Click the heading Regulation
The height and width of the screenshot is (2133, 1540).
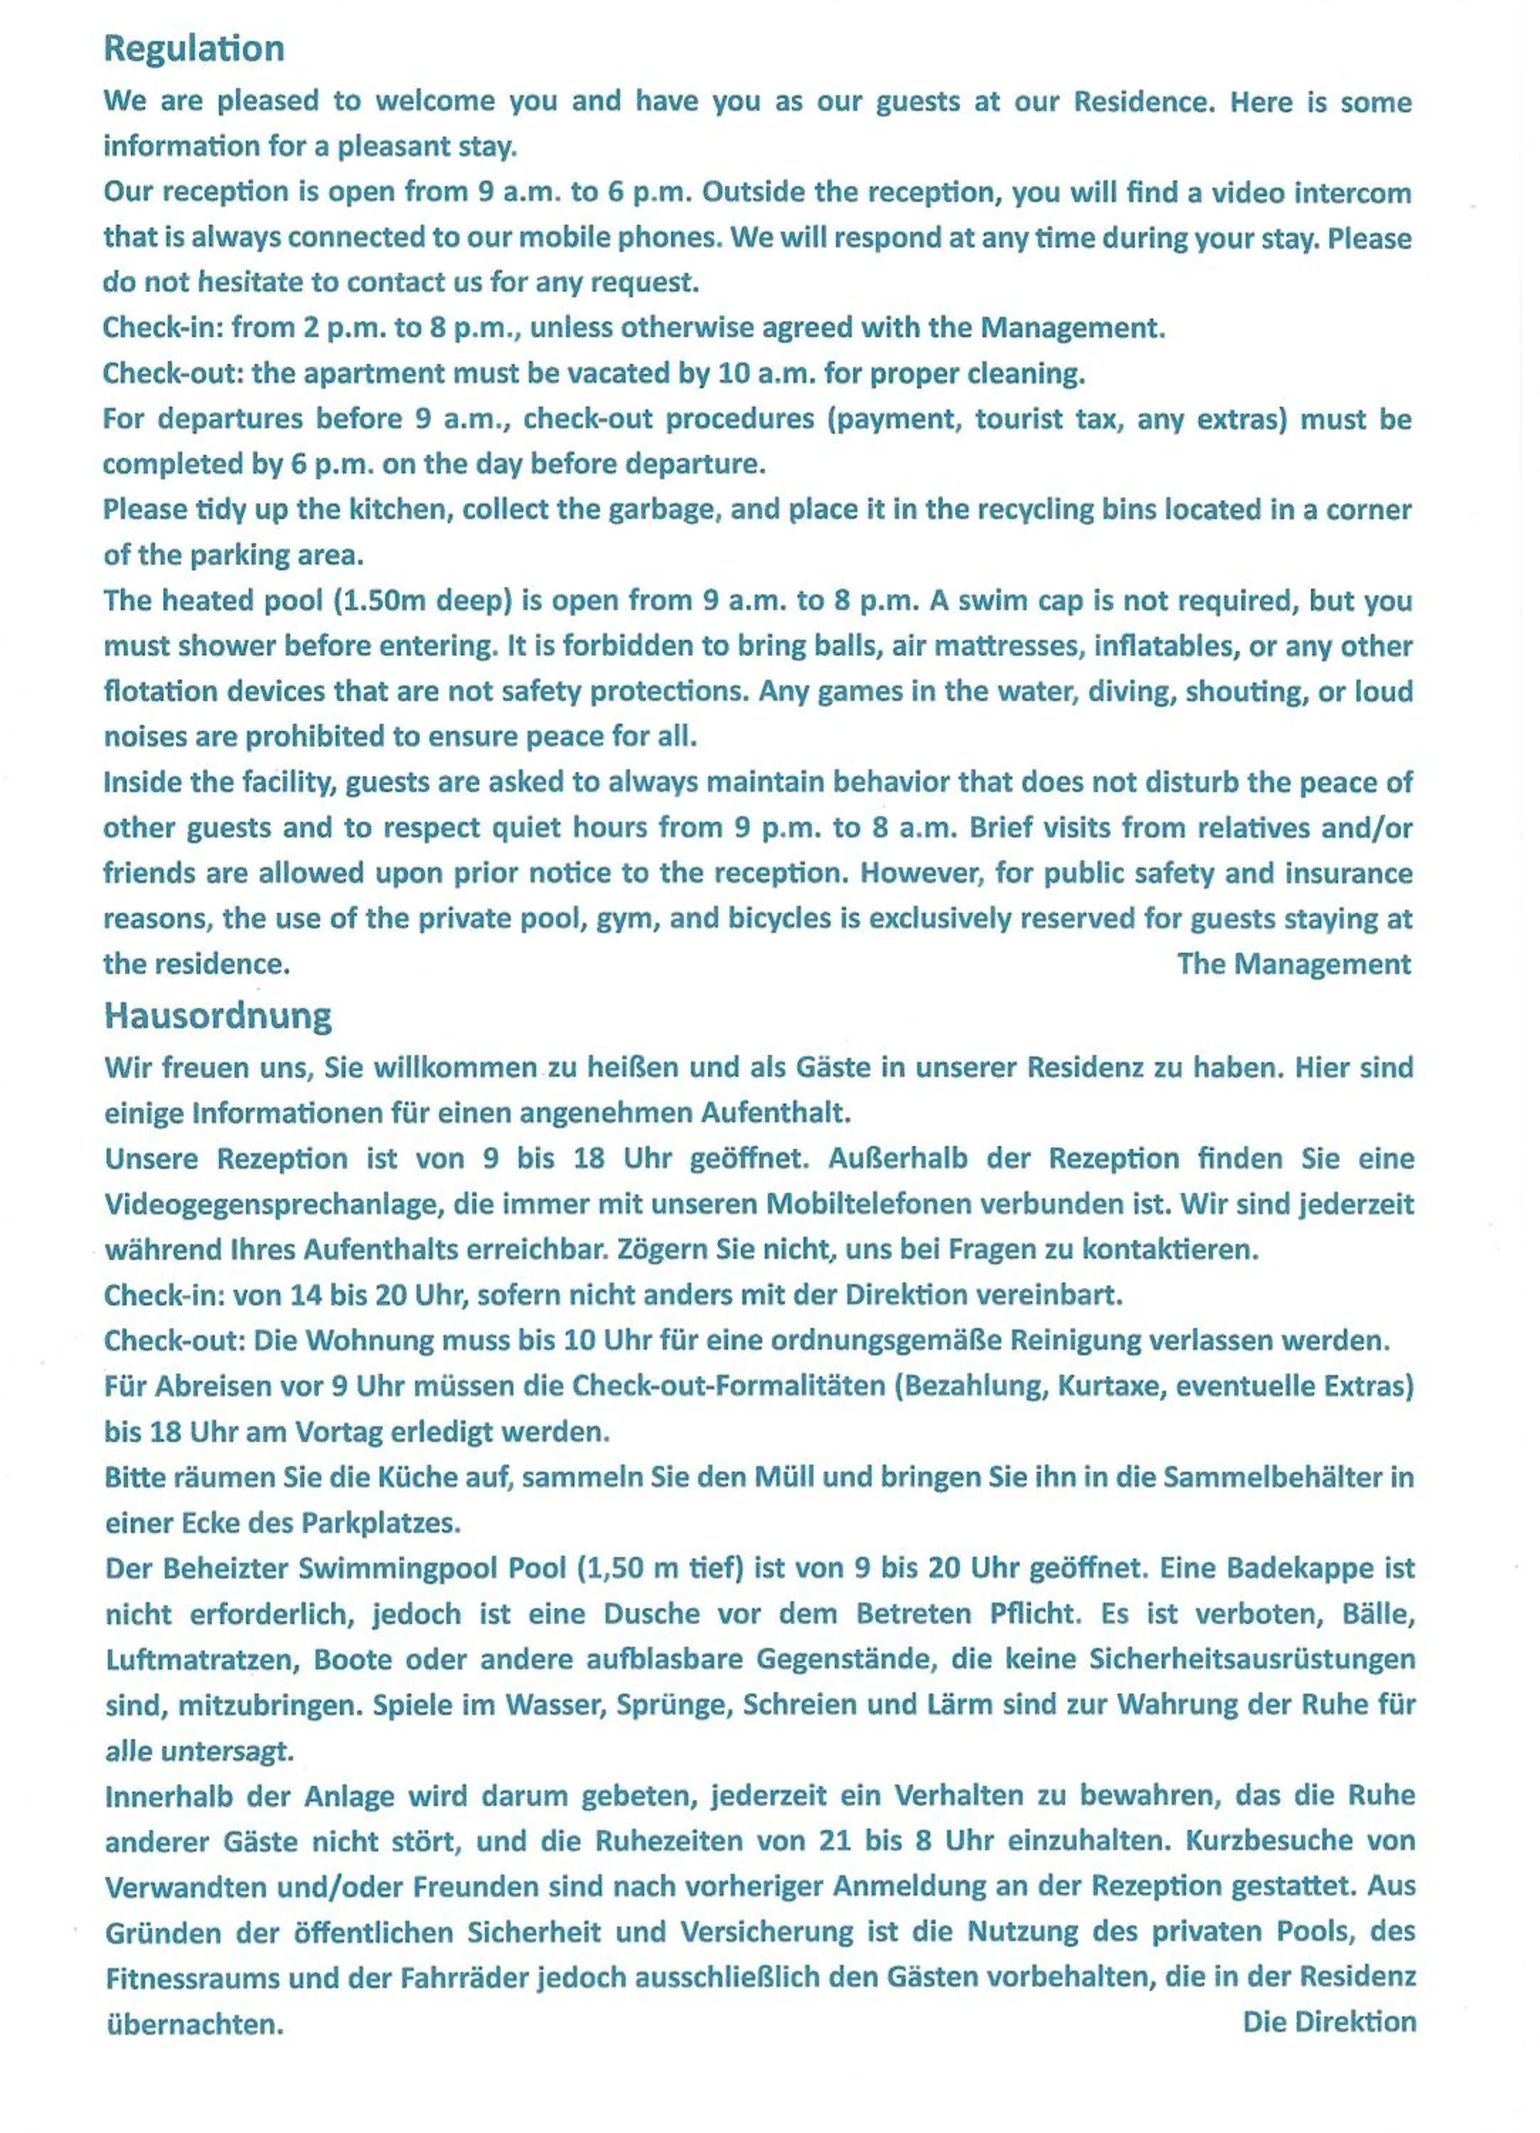click(x=194, y=49)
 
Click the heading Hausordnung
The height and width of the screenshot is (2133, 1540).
click(x=218, y=1017)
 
